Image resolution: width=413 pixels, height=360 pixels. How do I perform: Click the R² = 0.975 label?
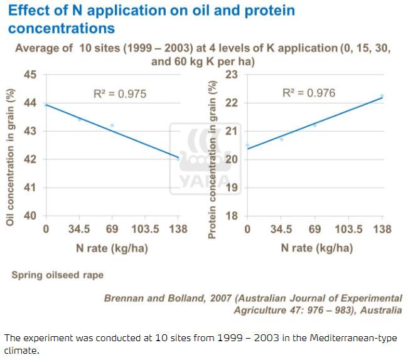pos(119,94)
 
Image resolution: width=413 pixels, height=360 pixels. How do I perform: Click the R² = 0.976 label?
pos(309,93)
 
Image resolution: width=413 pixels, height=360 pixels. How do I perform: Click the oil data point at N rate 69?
pos(112,125)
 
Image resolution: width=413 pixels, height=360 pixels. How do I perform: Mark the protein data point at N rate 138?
pos(382,96)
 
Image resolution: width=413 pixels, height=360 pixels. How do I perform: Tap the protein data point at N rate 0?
pos(247,146)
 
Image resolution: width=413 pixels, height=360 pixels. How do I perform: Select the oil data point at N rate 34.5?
pos(79,119)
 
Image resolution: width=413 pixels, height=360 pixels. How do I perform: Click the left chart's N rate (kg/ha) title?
pos(112,248)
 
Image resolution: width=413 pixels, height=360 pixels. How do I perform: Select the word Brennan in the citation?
pos(124,298)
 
